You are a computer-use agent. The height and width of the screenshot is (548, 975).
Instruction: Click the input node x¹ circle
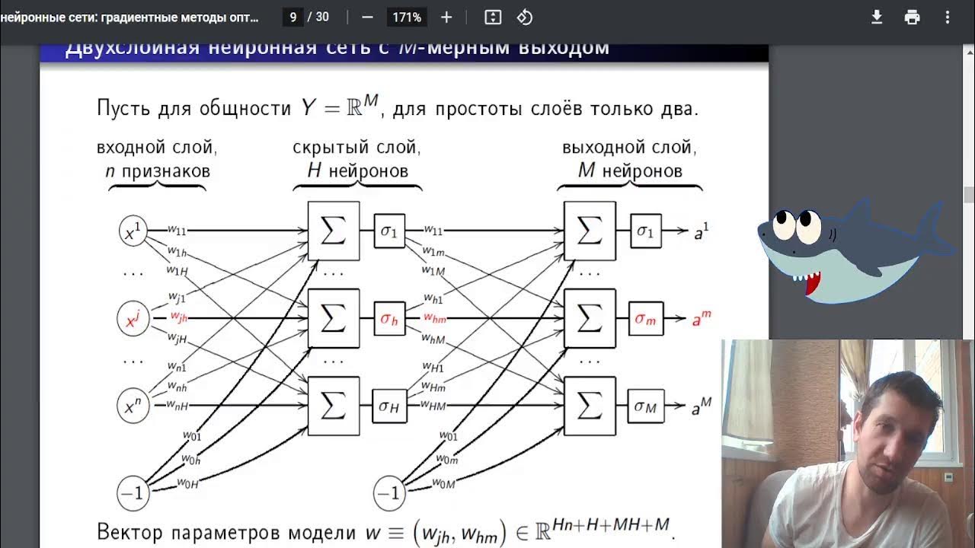click(133, 232)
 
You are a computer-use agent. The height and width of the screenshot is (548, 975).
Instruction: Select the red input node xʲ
click(133, 320)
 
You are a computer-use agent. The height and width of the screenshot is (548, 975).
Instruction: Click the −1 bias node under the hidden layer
click(388, 494)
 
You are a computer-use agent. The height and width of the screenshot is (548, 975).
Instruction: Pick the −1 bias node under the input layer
click(133, 494)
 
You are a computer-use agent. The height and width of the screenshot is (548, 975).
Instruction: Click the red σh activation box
click(389, 319)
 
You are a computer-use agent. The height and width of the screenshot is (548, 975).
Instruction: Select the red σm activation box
click(645, 319)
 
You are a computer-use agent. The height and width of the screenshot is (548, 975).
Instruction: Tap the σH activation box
click(389, 406)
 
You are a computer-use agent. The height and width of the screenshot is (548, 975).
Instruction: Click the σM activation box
click(645, 406)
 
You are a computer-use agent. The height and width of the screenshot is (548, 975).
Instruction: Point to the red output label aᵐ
click(701, 320)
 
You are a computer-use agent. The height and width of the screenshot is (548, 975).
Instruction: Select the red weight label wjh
click(179, 317)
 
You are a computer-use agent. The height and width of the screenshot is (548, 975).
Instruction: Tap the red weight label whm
click(435, 318)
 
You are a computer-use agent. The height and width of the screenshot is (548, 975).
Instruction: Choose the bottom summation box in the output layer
click(590, 406)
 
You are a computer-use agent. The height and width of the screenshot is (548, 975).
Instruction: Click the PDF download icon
click(877, 17)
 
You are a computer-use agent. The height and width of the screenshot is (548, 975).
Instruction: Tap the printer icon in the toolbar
click(912, 17)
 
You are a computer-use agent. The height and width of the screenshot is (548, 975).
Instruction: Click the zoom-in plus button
click(446, 17)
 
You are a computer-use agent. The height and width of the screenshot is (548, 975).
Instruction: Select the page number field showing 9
click(292, 17)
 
